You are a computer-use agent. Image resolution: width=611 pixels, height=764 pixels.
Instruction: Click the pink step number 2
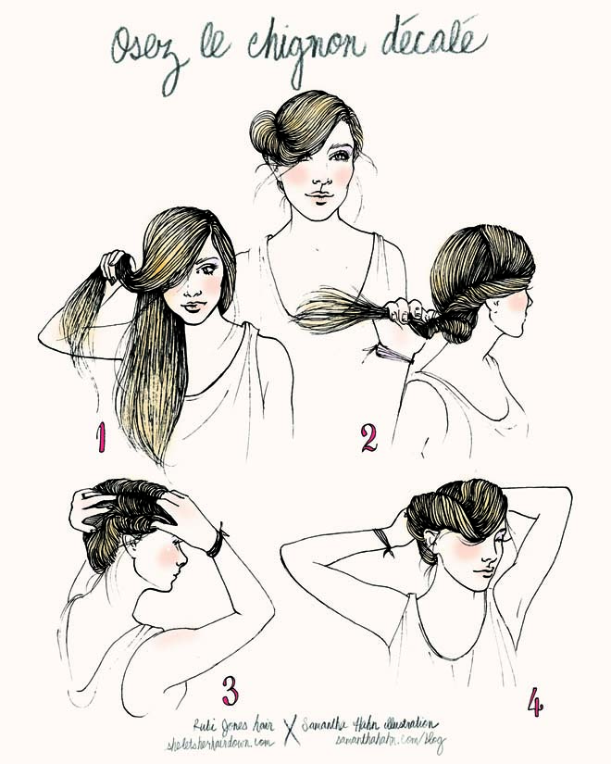pyautogui.click(x=368, y=437)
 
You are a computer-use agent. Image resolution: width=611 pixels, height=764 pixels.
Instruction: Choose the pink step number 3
pyautogui.click(x=231, y=690)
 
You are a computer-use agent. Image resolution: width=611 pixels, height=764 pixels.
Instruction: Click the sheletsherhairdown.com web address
pyautogui.click(x=223, y=742)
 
